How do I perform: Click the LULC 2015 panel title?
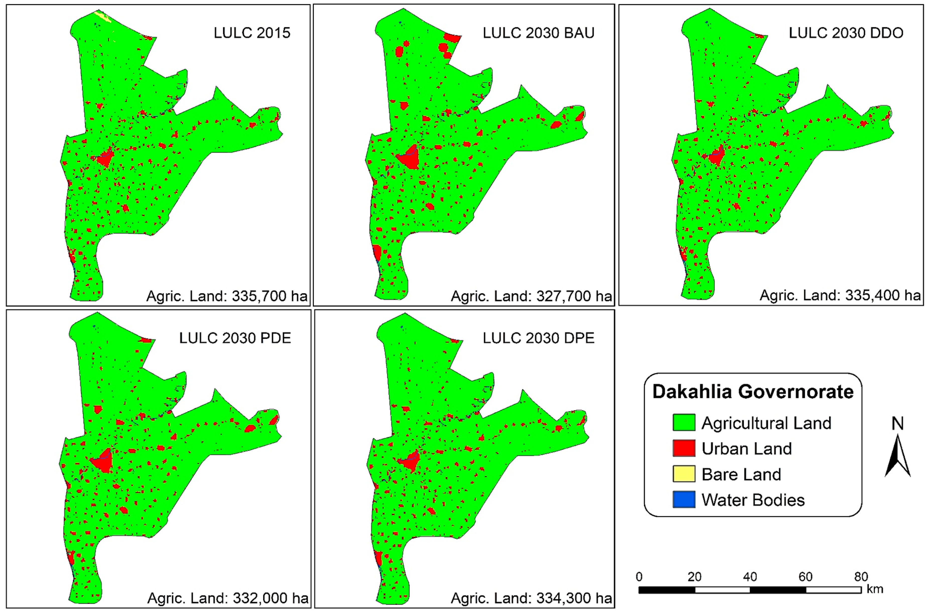tap(252, 33)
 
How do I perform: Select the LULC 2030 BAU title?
tap(538, 33)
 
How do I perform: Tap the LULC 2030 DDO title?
tap(846, 33)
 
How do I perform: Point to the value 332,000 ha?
tap(270, 598)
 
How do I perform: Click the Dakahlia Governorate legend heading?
tap(753, 392)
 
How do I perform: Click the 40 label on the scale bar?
tap(750, 577)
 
